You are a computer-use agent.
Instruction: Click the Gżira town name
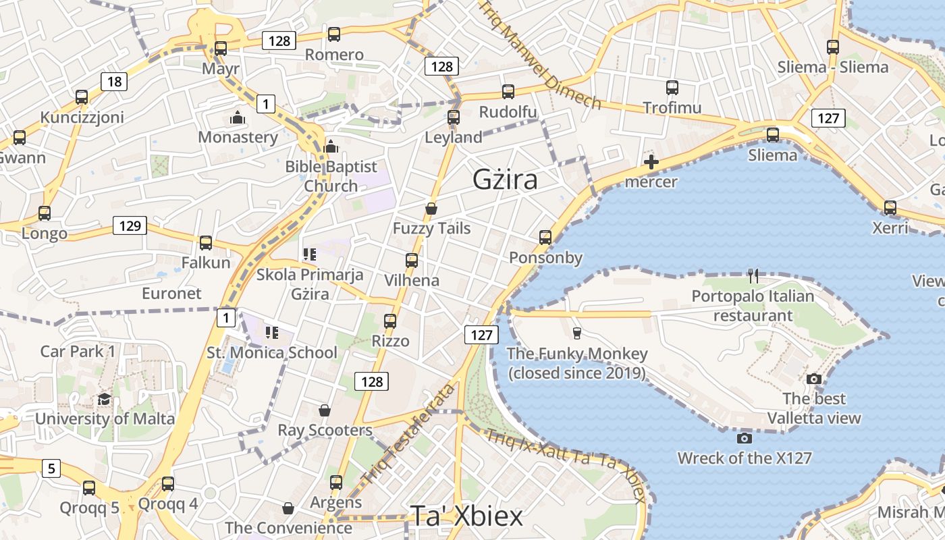click(505, 180)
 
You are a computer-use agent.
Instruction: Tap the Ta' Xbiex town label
click(466, 516)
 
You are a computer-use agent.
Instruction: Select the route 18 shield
click(114, 82)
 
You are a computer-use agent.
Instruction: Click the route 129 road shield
click(130, 225)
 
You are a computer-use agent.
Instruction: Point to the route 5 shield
click(51, 468)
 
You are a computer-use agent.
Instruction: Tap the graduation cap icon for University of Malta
click(104, 399)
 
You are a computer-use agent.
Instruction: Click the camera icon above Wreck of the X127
click(745, 439)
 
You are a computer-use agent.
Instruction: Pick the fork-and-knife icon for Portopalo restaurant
click(753, 275)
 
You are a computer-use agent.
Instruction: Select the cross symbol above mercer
click(651, 162)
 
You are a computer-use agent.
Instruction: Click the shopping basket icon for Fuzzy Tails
click(431, 209)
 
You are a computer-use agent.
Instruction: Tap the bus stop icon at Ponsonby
click(545, 238)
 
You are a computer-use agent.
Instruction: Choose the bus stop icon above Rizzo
click(390, 321)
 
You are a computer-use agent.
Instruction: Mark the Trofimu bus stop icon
click(672, 88)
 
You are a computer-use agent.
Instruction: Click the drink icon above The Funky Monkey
click(576, 333)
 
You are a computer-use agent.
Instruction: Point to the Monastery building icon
click(237, 118)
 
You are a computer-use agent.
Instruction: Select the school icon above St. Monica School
click(272, 332)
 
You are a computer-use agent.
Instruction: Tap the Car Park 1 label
click(78, 351)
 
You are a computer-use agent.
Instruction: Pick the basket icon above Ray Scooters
click(325, 410)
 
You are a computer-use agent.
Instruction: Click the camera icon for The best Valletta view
click(814, 379)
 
